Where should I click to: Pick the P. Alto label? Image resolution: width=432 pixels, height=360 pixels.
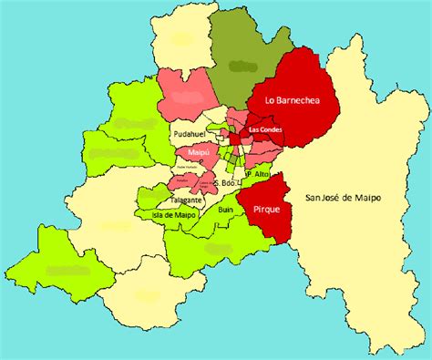[x=254, y=174]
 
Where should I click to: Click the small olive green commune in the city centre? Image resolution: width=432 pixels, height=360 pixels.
[x=232, y=158]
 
